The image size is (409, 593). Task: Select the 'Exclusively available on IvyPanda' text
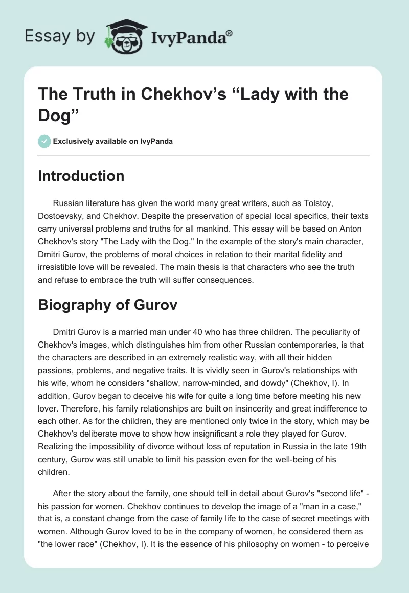(x=112, y=142)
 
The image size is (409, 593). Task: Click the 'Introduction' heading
(x=81, y=176)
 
